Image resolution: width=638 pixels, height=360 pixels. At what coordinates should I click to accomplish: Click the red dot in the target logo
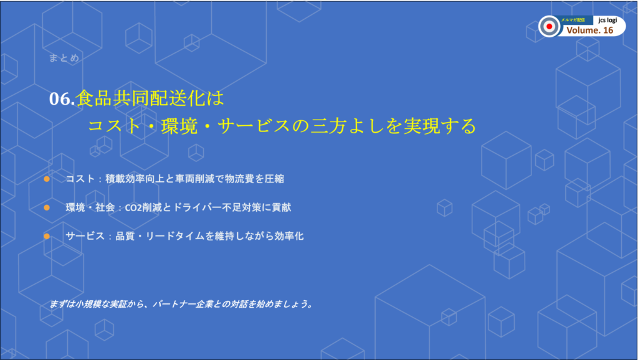tap(550, 26)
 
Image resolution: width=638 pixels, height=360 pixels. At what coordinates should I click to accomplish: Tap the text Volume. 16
tap(589, 30)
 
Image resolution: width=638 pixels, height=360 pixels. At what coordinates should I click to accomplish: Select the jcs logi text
tap(608, 20)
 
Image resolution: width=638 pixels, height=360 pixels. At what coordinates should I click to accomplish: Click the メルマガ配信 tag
tap(573, 19)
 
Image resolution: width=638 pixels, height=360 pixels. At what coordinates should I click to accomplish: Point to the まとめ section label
tap(64, 58)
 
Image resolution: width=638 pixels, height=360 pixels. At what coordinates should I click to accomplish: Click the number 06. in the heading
tap(62, 99)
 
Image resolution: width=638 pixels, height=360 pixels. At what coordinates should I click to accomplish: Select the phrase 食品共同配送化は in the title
tap(150, 98)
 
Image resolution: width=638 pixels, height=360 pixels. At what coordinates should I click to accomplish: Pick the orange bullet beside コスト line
tap(47, 179)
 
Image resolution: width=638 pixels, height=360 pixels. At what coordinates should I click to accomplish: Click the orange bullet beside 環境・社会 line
tap(47, 207)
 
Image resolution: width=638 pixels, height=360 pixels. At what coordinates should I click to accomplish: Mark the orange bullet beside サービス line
tap(47, 236)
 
